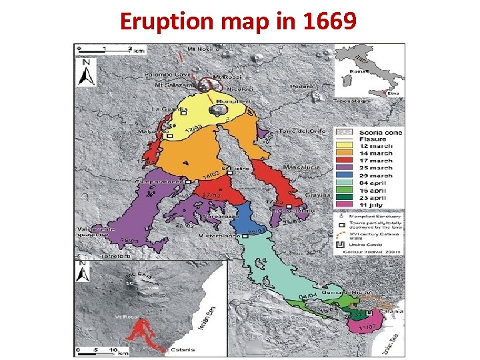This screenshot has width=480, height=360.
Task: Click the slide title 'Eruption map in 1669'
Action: pyautogui.click(x=239, y=22)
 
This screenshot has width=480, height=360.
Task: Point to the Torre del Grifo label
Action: pyautogui.click(x=302, y=131)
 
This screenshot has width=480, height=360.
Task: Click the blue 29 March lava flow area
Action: pyautogui.click(x=243, y=217)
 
